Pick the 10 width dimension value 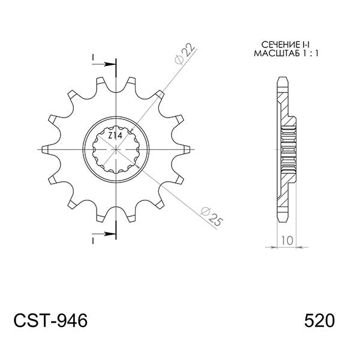click(x=286, y=241)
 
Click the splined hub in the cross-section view click(x=289, y=148)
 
